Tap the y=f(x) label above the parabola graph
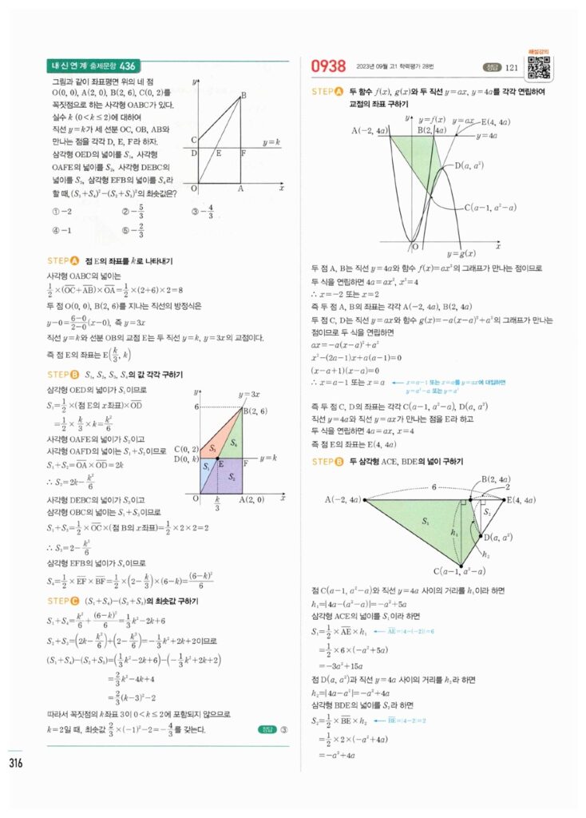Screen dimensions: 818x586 coord(429,120)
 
